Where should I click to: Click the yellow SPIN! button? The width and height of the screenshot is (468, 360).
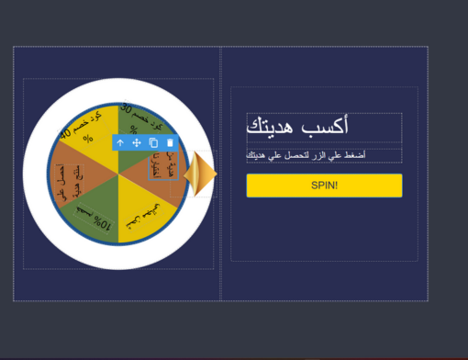324,186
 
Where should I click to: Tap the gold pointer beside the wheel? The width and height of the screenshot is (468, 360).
200,174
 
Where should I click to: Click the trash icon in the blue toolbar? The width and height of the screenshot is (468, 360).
170,143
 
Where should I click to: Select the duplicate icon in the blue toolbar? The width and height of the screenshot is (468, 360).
153,143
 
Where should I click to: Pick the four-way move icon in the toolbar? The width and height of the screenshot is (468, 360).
137,143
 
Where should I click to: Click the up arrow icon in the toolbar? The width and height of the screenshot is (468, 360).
120,143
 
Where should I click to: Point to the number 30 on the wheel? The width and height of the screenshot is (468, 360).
128,108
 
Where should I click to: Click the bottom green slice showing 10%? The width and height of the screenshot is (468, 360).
95,215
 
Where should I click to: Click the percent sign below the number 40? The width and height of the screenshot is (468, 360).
88,140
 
